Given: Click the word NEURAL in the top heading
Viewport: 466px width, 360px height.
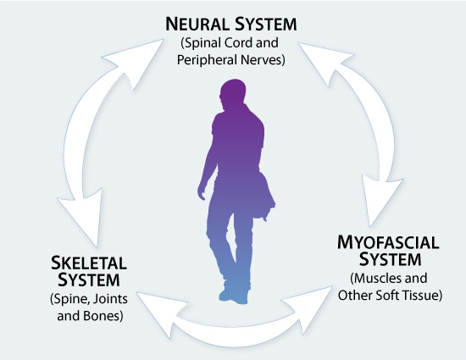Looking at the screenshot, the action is coord(197,24).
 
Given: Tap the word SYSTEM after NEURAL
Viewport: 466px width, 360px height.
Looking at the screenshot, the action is coord(266,24).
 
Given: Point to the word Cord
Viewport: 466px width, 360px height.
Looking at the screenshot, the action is coord(238,42).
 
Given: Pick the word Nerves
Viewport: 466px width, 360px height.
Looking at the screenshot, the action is coord(261,59).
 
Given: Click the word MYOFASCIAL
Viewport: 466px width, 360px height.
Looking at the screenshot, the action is coord(388,242).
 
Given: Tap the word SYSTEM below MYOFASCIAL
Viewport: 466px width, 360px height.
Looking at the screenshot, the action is coord(391,259).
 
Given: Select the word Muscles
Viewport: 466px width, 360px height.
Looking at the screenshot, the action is coord(375,279).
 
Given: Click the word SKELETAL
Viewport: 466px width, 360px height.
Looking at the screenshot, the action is coord(89,263).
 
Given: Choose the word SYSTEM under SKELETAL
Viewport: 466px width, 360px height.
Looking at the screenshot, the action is coord(89,280).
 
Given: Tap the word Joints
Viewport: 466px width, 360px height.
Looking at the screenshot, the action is coord(111,299).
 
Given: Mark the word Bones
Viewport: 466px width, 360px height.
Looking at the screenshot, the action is coord(102,316).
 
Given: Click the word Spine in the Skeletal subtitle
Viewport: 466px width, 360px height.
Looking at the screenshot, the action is coord(70,299).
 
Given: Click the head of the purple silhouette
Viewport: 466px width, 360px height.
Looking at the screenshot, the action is coord(233,92).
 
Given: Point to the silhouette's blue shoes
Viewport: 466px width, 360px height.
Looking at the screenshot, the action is coord(234,296).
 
